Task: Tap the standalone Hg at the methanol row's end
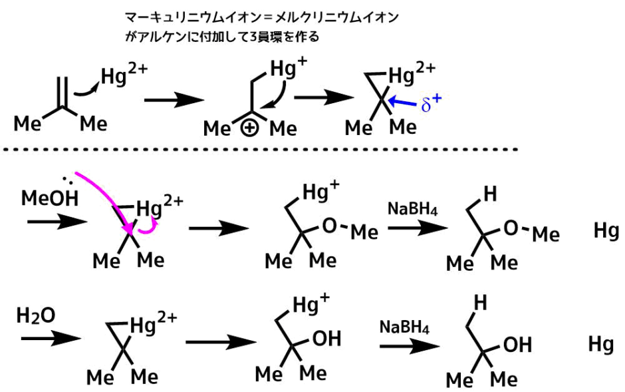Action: click(x=606, y=232)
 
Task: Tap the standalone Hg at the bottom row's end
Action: click(x=601, y=344)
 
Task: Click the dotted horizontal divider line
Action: click(x=266, y=151)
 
